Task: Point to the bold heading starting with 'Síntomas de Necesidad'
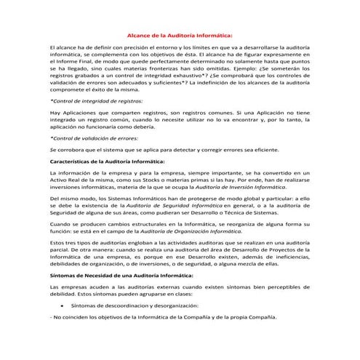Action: pos(116,277)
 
